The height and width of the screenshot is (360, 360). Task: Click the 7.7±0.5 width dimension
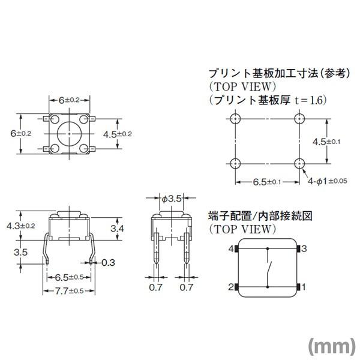67,291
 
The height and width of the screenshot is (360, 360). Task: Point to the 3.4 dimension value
118,229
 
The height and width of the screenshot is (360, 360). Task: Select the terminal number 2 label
230,287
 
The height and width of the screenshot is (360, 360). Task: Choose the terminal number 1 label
304,287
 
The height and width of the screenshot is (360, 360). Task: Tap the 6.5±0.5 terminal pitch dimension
67,278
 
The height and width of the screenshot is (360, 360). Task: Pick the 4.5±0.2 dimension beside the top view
117,133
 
